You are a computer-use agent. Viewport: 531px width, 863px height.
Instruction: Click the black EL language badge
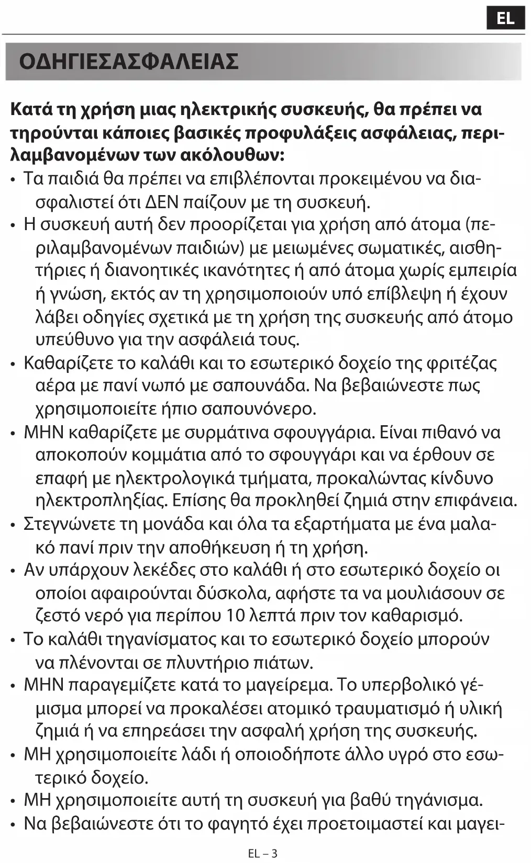(x=505, y=18)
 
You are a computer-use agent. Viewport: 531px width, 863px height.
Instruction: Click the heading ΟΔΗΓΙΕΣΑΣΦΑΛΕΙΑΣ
(x=129, y=61)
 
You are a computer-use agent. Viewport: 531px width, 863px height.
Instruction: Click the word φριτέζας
(x=462, y=362)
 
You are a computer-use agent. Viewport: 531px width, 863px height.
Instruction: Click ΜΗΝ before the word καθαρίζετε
(x=43, y=432)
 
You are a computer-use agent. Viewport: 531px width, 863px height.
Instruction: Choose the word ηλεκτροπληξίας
(x=102, y=501)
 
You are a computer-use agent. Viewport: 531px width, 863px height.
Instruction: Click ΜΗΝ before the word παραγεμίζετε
(x=43, y=685)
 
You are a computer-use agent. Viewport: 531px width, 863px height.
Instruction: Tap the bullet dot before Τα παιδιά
(x=13, y=179)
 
